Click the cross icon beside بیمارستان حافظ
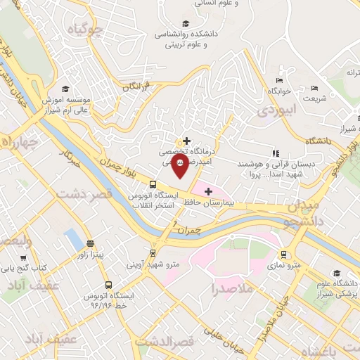[x=208, y=191]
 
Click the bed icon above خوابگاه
[x=279, y=80]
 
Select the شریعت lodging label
[x=314, y=99]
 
